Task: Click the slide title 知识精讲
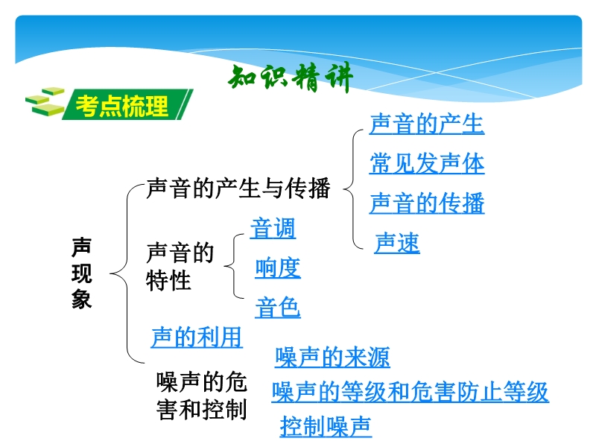click(291, 78)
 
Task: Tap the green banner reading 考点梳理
click(127, 105)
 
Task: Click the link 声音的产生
click(427, 124)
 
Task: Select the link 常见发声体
click(427, 164)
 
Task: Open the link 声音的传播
click(427, 203)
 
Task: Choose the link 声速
click(397, 243)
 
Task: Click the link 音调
click(273, 228)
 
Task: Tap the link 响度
click(278, 268)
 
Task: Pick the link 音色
click(278, 308)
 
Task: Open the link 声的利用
click(197, 337)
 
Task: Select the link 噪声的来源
click(332, 357)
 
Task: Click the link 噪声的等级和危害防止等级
click(410, 392)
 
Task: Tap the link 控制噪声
click(326, 426)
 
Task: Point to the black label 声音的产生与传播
click(238, 188)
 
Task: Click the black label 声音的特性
click(180, 267)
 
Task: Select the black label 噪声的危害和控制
click(202, 396)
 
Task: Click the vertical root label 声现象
click(82, 273)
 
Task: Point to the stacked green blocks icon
click(45, 102)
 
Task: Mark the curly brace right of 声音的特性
click(233, 266)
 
